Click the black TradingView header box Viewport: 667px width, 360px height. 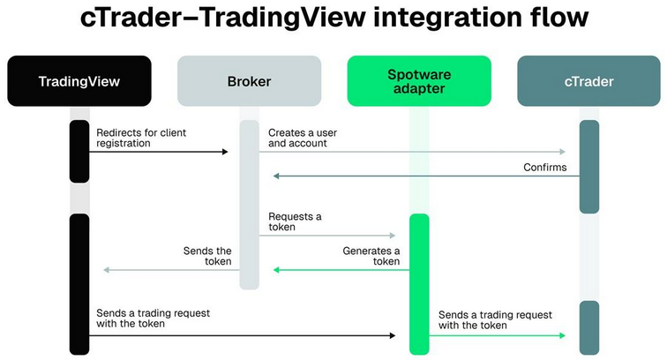coord(79,81)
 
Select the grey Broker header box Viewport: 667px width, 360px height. coord(249,81)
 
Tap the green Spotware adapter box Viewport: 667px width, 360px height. coord(419,81)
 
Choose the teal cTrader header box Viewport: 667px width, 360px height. coord(588,81)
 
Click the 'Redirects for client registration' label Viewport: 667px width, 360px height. coord(141,138)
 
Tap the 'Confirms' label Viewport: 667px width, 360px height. coord(545,166)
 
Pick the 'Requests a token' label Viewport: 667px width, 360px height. coord(295,221)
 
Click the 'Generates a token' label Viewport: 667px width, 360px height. coord(371,256)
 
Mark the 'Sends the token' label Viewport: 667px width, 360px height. coord(207,256)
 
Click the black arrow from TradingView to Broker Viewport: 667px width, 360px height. coord(159,152)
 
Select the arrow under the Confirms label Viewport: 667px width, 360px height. coord(423,176)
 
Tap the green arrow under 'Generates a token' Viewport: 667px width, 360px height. coord(340,269)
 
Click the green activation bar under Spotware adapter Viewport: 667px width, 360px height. coord(419,282)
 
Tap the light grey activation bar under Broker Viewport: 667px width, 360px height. coord(250,203)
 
